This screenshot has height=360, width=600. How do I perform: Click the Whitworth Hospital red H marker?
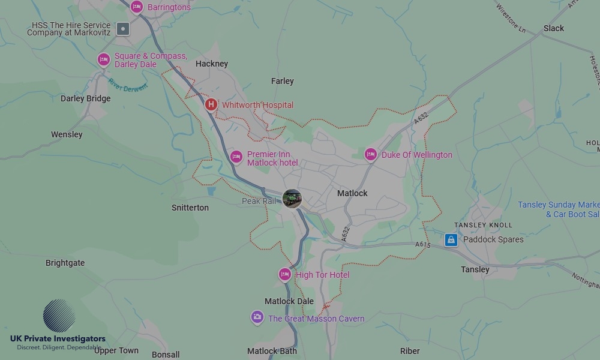point(211,105)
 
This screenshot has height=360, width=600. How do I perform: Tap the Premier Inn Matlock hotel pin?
point(236,157)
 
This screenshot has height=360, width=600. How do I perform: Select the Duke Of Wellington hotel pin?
point(371,155)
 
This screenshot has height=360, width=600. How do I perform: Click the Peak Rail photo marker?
point(292,199)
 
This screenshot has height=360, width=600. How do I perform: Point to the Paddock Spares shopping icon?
point(451,240)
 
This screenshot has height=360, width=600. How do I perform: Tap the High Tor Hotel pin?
point(285,275)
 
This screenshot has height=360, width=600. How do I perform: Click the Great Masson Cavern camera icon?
point(257,317)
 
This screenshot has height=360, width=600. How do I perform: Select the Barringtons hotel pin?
point(137,7)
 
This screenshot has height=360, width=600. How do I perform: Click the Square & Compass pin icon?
point(104,59)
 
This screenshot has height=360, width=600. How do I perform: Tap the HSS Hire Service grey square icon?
point(123,28)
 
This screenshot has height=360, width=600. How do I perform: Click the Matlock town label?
point(352,193)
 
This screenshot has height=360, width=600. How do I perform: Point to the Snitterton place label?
point(190,208)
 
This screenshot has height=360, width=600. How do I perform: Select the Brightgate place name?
point(65,263)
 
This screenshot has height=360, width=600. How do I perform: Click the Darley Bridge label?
point(86,98)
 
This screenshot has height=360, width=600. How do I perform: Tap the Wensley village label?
point(67,134)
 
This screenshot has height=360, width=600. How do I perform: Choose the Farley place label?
point(283,81)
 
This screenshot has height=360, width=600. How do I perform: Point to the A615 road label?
point(423,245)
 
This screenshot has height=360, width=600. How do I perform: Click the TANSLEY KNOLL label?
point(484,225)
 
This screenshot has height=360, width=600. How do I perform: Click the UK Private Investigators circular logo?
point(59,316)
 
